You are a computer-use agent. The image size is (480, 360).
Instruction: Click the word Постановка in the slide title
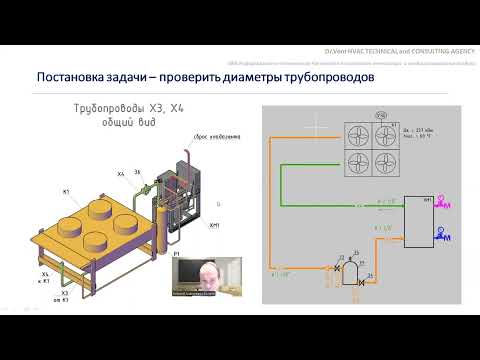tap(73, 77)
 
